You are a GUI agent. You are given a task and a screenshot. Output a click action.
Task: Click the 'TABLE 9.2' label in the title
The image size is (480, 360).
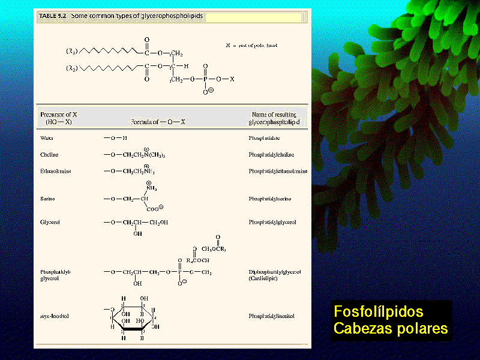coord(53,17)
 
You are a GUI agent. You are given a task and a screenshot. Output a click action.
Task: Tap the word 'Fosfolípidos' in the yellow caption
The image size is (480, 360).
coord(378,312)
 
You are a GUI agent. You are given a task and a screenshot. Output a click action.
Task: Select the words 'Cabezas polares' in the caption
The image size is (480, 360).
coord(390,329)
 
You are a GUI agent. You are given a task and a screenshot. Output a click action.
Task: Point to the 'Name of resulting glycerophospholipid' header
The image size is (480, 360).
coord(274,118)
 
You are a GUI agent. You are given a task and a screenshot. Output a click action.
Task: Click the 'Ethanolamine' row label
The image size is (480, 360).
coord(55,171)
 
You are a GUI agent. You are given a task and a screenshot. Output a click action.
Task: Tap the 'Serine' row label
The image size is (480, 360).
coord(48,198)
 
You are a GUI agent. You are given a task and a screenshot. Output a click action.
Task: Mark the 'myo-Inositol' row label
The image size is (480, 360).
coord(55,316)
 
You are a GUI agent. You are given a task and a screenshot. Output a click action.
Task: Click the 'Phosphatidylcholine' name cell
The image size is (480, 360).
coord(274,154)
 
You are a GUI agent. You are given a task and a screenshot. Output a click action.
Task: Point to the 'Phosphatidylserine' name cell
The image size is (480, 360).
coord(272,198)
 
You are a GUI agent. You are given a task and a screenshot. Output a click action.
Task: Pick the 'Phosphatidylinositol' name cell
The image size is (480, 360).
coord(273,316)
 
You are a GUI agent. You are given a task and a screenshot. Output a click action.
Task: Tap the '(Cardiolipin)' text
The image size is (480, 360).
coord(263,279)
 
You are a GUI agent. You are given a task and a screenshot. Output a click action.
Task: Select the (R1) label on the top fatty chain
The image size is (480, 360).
coord(71,52)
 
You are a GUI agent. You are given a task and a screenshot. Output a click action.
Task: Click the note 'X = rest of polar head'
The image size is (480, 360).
coord(251,46)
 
